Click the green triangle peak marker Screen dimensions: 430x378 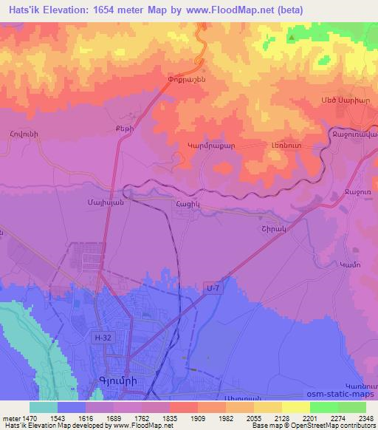point(292,37)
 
